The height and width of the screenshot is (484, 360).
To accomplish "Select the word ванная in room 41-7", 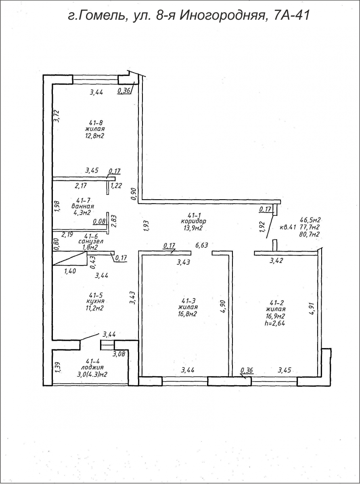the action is (83, 206).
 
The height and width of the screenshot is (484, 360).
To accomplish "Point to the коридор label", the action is (193, 221).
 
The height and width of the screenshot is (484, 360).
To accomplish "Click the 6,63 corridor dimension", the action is (201, 245).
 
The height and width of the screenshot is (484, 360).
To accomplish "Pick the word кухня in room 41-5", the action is (95, 301).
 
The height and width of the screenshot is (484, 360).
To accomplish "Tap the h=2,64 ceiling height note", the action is (274, 323).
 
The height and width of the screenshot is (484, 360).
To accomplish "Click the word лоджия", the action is (92, 367).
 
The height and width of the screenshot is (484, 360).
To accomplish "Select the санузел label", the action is (91, 242).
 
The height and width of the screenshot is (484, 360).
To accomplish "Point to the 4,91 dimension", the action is (312, 309).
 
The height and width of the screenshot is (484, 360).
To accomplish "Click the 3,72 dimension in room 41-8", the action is (57, 116).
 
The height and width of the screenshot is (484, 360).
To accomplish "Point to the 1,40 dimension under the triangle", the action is (70, 271).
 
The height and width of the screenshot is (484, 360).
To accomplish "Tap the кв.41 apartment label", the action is (288, 227).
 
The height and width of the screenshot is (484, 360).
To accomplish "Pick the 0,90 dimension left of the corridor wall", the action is (134, 194).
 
